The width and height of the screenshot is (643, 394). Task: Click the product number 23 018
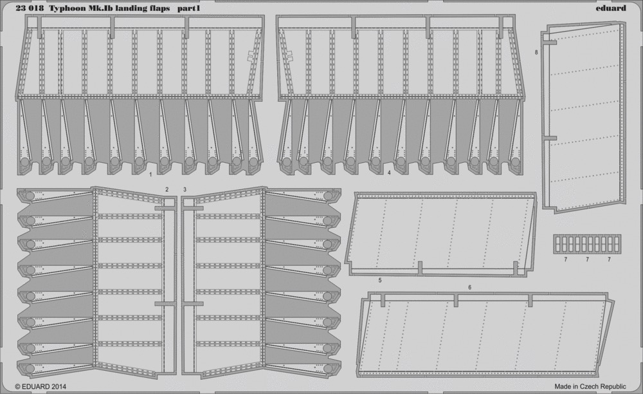[30, 8]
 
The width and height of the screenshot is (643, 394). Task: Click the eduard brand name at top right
[612, 8]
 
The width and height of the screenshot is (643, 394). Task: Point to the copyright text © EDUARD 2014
[41, 386]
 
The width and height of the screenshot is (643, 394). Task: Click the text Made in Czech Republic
[590, 386]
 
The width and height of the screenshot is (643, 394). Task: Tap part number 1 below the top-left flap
[150, 174]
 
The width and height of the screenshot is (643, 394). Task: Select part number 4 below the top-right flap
[389, 173]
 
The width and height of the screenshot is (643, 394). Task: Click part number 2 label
[167, 189]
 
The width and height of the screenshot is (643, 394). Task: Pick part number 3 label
[185, 189]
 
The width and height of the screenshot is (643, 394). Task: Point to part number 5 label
[380, 280]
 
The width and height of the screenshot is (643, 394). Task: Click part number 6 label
[469, 287]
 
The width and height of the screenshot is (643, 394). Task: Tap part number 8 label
[536, 53]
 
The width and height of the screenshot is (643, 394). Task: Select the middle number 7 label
[587, 259]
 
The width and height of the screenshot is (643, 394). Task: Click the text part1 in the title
[192, 8]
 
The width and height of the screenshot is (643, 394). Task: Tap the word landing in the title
[130, 8]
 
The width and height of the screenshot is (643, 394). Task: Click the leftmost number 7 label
[565, 259]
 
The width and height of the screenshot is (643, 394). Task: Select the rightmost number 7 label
[609, 259]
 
